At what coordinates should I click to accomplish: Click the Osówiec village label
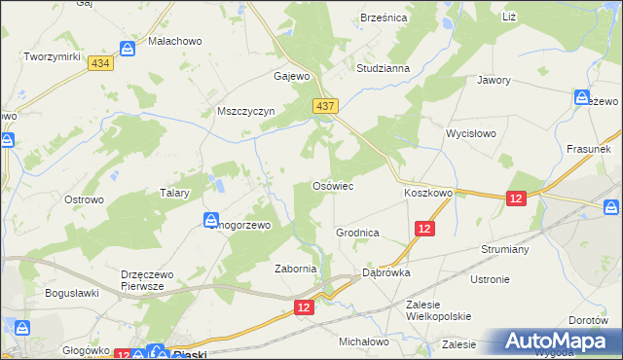[331, 185]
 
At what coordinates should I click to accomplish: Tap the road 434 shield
[98, 62]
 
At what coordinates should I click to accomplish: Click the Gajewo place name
[291, 76]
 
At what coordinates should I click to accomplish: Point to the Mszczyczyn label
[247, 111]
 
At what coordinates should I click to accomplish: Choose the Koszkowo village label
[428, 193]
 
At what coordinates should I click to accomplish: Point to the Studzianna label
[383, 69]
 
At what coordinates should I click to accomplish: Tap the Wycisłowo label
[471, 132]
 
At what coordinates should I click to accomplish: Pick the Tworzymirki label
[52, 57]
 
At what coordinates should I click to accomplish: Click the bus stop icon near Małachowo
[128, 48]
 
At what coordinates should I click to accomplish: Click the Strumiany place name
[503, 249]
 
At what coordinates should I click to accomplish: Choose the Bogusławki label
[72, 292]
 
